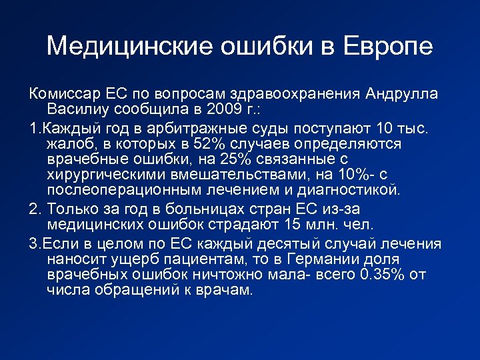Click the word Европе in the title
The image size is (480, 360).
click(x=388, y=47)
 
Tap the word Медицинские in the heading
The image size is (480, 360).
click(x=131, y=47)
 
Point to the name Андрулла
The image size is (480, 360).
click(x=402, y=93)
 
